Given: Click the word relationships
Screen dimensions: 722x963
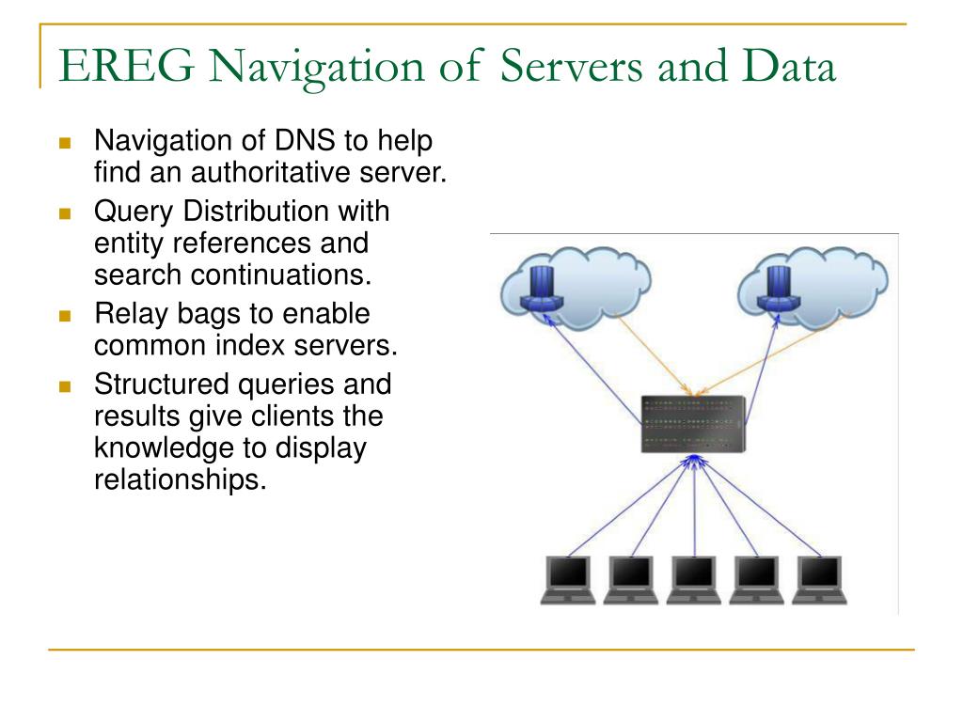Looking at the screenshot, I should tap(182, 479).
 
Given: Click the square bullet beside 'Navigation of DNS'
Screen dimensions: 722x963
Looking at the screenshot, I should tap(65, 144).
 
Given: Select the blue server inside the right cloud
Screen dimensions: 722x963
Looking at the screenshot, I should tap(779, 287).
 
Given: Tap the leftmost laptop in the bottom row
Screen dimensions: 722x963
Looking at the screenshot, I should tap(568, 579).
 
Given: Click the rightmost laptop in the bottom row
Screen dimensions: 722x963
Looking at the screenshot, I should tap(818, 579).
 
